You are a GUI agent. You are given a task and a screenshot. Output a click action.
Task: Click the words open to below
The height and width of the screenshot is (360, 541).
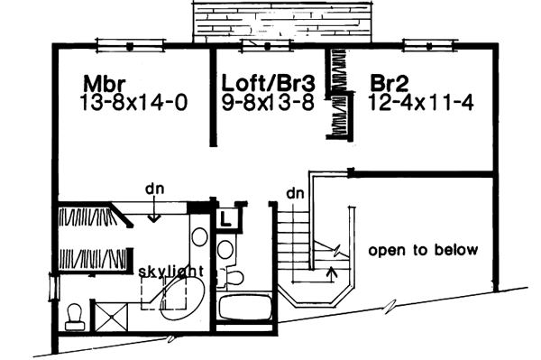click(x=423, y=250)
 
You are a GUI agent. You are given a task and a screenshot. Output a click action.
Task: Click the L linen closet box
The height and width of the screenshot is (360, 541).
click(x=225, y=217)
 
